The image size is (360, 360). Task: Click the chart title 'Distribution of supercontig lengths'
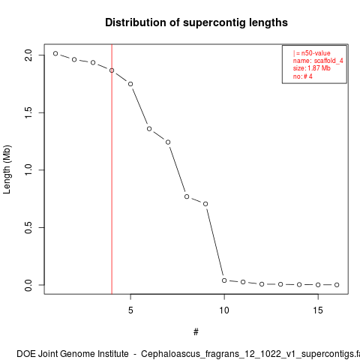(196, 22)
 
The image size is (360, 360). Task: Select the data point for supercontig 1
(55, 53)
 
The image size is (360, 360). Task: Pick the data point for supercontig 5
(130, 84)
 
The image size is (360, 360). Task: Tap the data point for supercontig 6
(149, 129)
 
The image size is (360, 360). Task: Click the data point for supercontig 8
(187, 196)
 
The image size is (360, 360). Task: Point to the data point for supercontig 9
(205, 204)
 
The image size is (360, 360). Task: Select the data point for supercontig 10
(224, 280)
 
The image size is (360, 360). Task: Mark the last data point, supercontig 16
(337, 285)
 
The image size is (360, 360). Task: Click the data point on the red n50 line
(112, 70)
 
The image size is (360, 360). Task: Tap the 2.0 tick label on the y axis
(28, 55)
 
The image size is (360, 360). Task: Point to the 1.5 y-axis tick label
(28, 112)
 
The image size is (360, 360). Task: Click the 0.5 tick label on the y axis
(28, 227)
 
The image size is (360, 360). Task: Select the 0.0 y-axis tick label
(28, 285)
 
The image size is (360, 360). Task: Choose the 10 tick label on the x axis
(224, 310)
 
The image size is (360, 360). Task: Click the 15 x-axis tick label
(318, 310)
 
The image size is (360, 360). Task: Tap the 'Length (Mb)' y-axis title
(7, 169)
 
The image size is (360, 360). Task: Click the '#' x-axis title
(196, 332)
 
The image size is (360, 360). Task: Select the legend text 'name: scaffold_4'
(318, 61)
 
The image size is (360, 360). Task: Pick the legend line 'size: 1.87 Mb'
(312, 68)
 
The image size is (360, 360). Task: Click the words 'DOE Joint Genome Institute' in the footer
(73, 354)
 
